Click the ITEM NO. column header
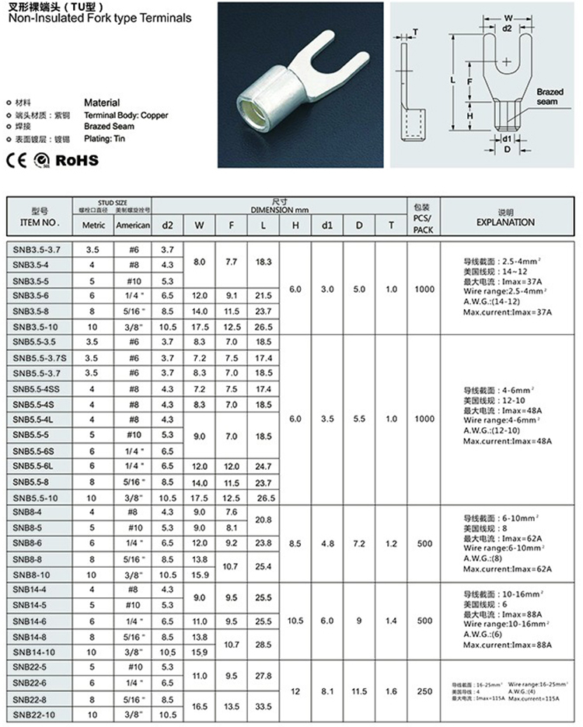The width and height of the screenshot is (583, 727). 40,217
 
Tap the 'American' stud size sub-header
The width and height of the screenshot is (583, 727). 133,225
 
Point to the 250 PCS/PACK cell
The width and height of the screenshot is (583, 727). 424,691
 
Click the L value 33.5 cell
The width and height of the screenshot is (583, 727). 264,706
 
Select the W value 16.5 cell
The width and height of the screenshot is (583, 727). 200,706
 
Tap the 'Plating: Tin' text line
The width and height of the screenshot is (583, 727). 104,138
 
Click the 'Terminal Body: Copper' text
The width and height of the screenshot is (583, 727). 125,116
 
